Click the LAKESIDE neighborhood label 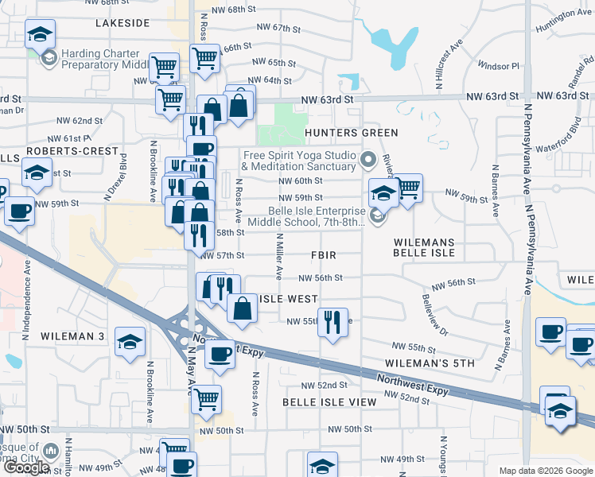[122, 24]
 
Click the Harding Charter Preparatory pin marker [49, 58]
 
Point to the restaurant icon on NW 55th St [332, 322]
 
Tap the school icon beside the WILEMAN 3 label [130, 341]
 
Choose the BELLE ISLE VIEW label [329, 402]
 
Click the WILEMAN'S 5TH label [435, 363]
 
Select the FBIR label [324, 255]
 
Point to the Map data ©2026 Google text [546, 471]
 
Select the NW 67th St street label [275, 28]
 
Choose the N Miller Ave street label [279, 257]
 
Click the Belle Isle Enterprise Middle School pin [378, 215]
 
